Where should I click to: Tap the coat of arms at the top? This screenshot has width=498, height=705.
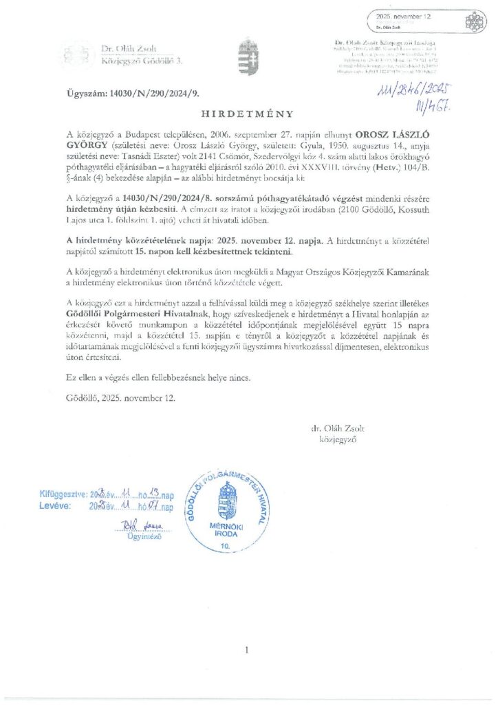pos(248,55)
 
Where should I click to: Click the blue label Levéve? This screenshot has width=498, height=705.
pos(56,507)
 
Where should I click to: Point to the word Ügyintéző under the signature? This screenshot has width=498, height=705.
pos(142,536)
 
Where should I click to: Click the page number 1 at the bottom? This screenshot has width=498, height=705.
pos(247,649)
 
